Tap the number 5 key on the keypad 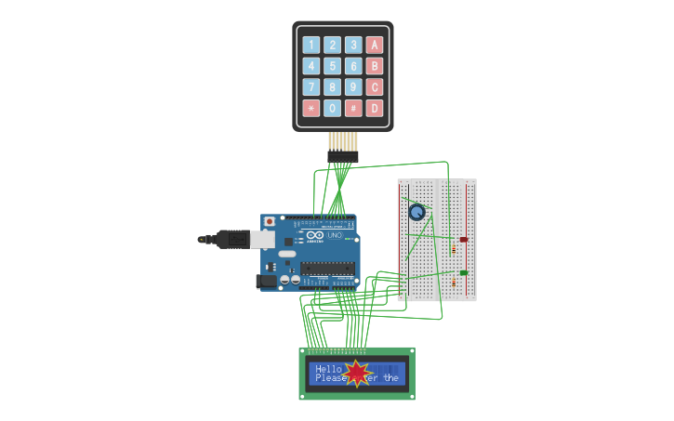332,66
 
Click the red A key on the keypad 375,45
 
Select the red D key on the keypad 375,108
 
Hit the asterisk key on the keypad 311,108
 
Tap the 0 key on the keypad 332,108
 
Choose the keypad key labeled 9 353,87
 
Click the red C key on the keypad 375,87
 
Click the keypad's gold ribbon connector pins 342,141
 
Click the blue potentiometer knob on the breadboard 417,212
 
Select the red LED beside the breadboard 463,240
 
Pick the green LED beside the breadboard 463,272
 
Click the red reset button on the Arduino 270,221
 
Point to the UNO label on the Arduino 335,235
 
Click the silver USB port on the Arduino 263,240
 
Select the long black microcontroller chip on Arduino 326,268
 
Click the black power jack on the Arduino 266,280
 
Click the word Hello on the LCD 328,369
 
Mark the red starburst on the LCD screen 358,374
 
